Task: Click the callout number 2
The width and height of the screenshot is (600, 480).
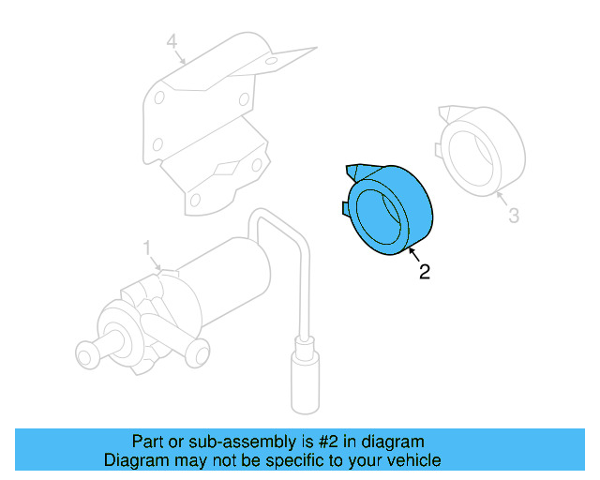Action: pyautogui.click(x=425, y=273)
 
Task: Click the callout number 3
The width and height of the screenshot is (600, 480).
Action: pyautogui.click(x=513, y=217)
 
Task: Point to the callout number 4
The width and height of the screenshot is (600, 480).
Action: pyautogui.click(x=172, y=42)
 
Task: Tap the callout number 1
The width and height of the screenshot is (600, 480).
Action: pyautogui.click(x=147, y=247)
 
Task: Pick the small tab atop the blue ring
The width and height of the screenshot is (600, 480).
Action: pyautogui.click(x=353, y=171)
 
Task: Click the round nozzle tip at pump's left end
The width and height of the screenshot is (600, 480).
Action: pyautogui.click(x=84, y=355)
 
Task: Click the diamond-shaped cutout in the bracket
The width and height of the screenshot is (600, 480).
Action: pyautogui.click(x=228, y=169)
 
